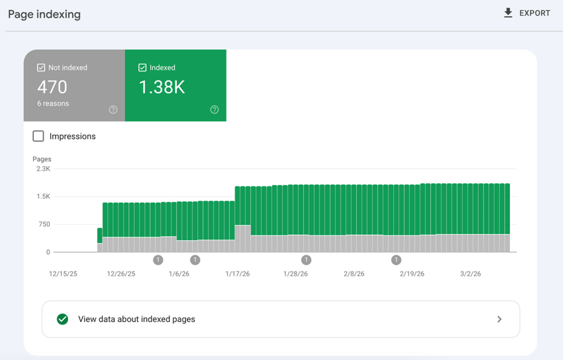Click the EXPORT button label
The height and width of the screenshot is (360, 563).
(534, 13)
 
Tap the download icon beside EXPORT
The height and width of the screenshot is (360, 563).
(508, 13)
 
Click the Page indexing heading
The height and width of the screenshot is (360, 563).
(44, 14)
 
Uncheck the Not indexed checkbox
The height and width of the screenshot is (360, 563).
(41, 67)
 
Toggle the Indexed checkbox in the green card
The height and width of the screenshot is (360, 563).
(142, 67)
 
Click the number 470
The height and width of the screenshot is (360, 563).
(52, 87)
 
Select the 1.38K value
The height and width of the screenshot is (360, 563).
(162, 87)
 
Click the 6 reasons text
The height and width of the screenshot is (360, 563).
(53, 103)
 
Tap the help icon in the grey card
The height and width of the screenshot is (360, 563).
(113, 110)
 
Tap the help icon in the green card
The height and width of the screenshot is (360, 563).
(214, 110)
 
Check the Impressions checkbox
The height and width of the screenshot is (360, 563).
(39, 136)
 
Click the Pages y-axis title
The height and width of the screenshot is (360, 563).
(41, 159)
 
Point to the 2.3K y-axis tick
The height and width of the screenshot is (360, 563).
(43, 169)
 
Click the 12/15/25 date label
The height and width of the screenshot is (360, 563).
(63, 274)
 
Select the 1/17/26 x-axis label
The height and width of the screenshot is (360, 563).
(237, 274)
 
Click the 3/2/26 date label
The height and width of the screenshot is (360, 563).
(470, 274)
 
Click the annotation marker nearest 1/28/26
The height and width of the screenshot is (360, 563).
(306, 260)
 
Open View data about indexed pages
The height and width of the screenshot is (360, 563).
(137, 319)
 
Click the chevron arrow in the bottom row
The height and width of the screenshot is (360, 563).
(499, 319)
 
